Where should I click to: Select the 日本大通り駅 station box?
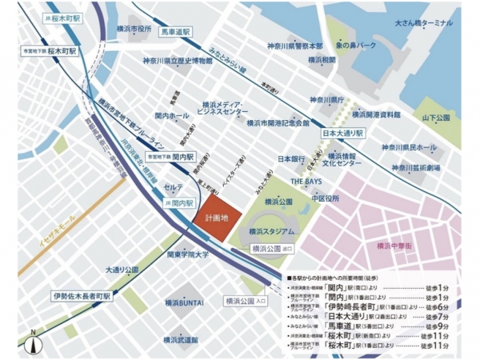tap(343, 132)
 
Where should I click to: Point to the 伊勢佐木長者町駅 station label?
tap(83, 295)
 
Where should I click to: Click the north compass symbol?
tap(32, 342)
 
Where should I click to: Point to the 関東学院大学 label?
tap(189, 255)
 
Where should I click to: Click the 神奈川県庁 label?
tap(328, 100)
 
